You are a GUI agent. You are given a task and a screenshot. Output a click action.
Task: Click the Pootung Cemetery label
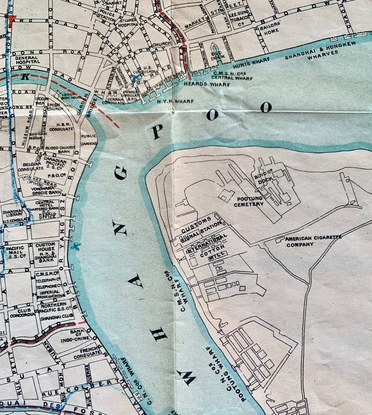point(249,201)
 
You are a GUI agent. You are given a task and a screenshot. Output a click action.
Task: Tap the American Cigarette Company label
point(313,241)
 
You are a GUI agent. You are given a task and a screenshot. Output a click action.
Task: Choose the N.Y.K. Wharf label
point(175,101)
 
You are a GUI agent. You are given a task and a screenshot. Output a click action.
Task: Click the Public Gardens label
point(89,140)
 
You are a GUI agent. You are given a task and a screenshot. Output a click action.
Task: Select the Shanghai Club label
point(57,316)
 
